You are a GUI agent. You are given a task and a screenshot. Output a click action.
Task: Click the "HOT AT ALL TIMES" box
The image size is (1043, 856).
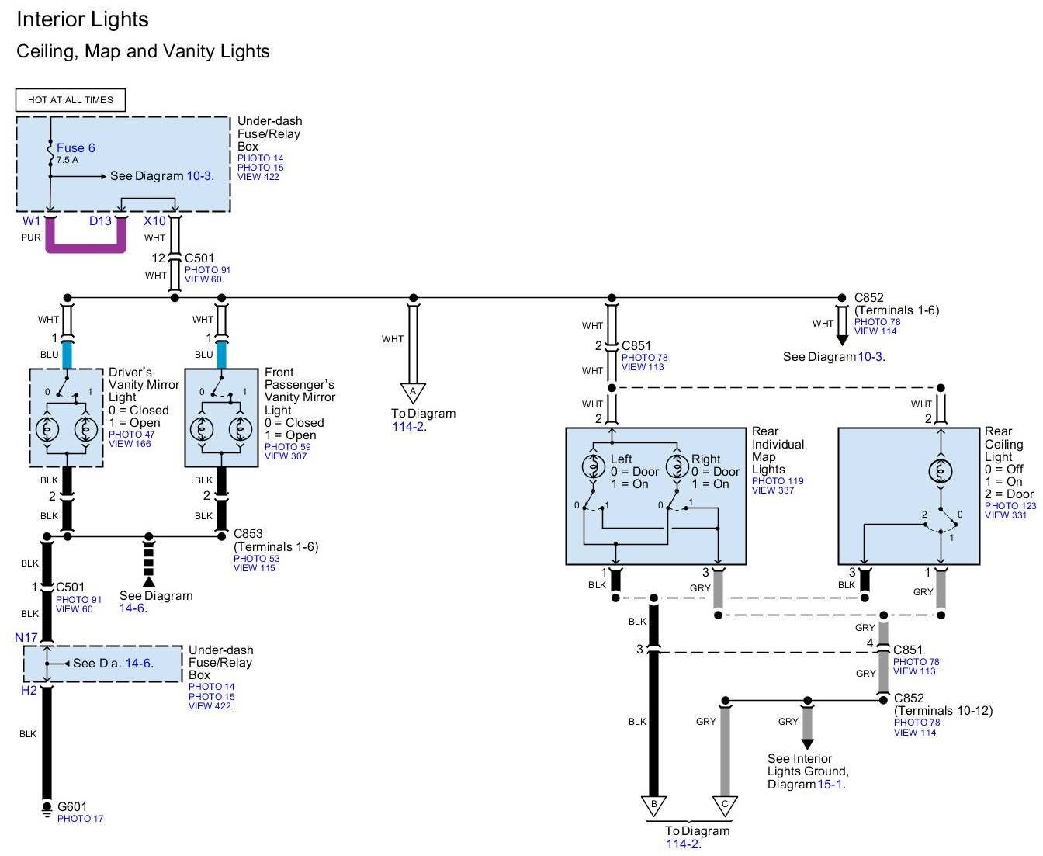tap(70, 99)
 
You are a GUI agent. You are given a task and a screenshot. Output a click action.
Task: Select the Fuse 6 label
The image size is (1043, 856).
tap(76, 147)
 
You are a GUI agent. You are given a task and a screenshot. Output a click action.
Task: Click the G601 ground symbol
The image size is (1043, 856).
tap(47, 809)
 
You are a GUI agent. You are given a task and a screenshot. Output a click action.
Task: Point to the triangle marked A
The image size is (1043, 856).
tap(412, 392)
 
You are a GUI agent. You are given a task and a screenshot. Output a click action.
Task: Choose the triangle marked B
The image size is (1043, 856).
tap(653, 806)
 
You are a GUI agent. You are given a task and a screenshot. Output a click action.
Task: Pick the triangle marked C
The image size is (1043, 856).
tap(725, 806)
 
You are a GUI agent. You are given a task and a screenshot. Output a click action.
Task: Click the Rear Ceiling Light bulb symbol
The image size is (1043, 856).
tap(940, 471)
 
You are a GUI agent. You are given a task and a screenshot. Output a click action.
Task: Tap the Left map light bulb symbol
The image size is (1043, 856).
tap(593, 466)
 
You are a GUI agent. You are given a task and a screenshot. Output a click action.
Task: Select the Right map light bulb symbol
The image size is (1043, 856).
tap(677, 466)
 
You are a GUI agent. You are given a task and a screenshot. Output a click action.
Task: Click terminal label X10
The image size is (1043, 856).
tap(154, 220)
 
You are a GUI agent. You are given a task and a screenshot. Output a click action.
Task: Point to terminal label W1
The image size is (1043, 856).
tap(31, 220)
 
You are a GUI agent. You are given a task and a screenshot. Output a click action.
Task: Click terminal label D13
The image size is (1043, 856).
tap(100, 220)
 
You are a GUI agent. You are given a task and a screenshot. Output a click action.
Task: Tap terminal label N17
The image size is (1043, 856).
tap(26, 637)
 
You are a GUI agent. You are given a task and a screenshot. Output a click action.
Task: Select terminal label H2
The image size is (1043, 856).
tap(29, 690)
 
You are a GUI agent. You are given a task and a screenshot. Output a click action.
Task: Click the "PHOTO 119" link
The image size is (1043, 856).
tap(778, 480)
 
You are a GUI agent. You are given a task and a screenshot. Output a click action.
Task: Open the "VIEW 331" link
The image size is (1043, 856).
tap(1006, 515)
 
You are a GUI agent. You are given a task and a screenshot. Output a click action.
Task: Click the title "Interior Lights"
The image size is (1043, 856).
tap(82, 19)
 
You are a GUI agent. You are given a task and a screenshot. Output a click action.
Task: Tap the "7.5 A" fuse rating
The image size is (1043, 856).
tap(68, 160)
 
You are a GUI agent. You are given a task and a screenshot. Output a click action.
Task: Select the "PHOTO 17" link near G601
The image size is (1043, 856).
tap(80, 819)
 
